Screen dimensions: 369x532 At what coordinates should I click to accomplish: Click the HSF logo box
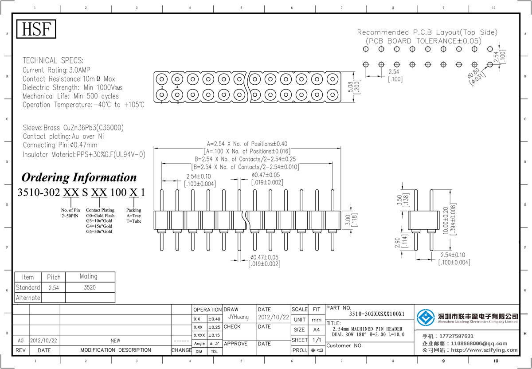pos(36,29)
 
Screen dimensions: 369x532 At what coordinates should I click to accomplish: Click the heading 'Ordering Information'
pos(79,177)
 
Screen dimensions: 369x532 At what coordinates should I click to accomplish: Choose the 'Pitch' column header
pos(54,277)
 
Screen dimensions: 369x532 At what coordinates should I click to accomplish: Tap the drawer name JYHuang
pos(239,318)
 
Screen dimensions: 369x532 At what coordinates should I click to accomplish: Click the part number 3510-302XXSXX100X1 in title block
pos(377,314)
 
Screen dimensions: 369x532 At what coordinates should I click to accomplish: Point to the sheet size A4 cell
pos(317,330)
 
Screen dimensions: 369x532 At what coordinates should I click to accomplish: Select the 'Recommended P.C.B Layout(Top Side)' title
pos(427,32)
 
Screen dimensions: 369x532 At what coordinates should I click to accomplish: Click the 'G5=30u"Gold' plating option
pos(99,232)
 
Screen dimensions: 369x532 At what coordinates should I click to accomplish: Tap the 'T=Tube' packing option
pos(133,221)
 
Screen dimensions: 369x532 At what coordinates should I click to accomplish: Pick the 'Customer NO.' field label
pos(344,345)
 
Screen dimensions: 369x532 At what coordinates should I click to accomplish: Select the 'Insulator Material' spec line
pos(84,154)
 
